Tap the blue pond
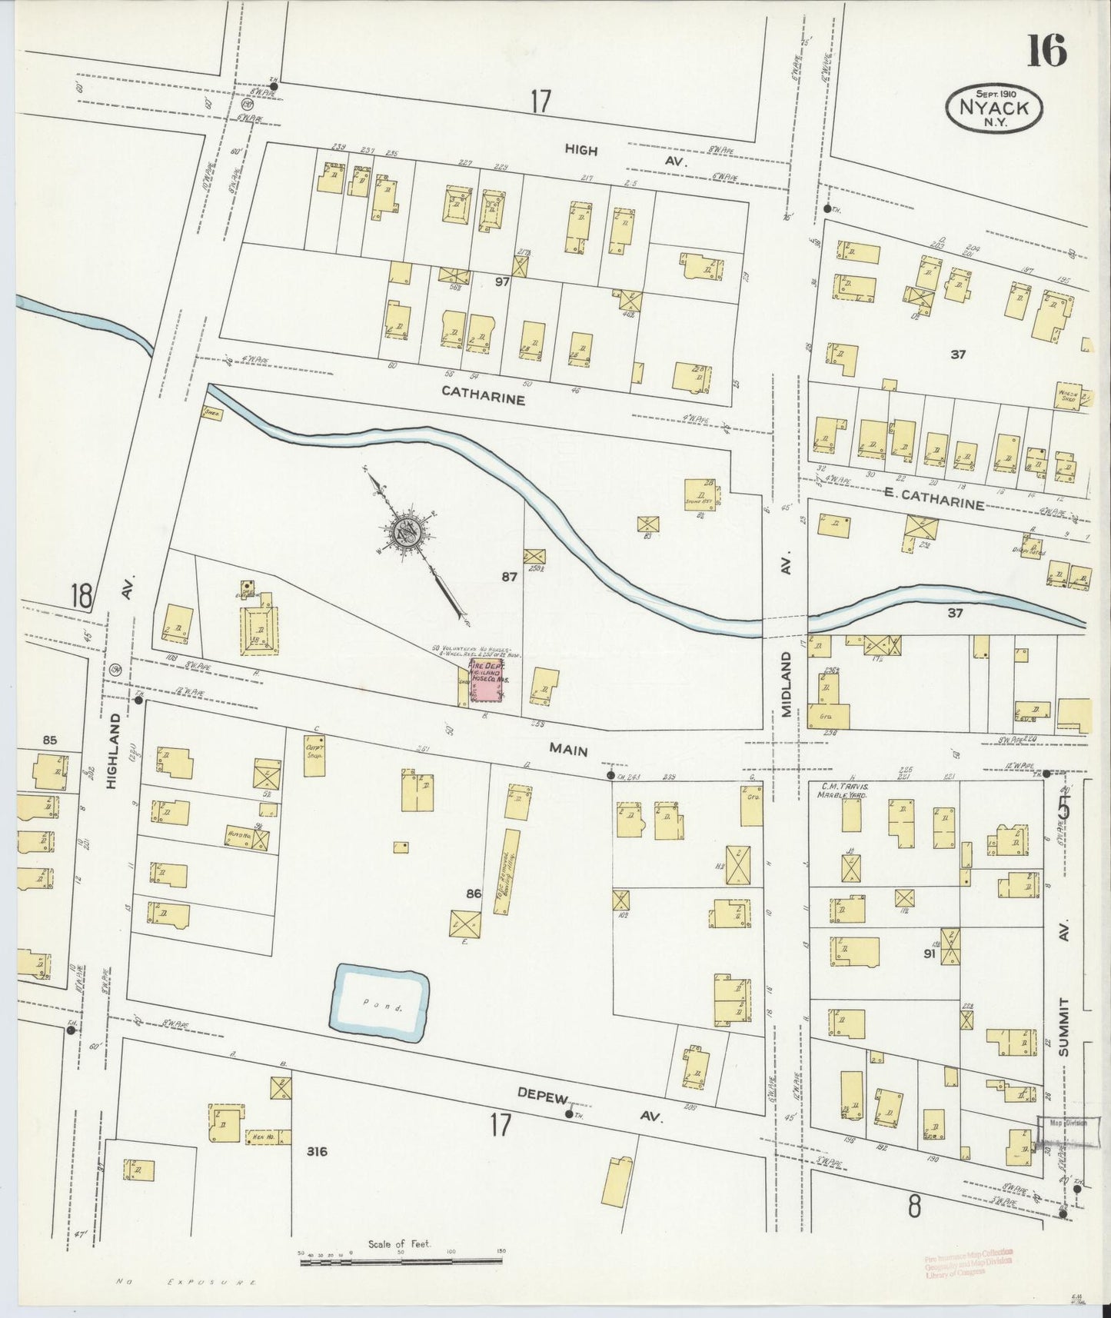coord(379,1006)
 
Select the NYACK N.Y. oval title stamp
coord(993,109)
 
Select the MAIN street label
coord(568,751)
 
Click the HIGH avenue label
coord(580,150)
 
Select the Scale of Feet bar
coord(400,1260)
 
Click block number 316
coord(316,1151)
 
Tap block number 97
coord(502,282)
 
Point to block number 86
coord(474,894)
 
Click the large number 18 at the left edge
coord(81,595)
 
